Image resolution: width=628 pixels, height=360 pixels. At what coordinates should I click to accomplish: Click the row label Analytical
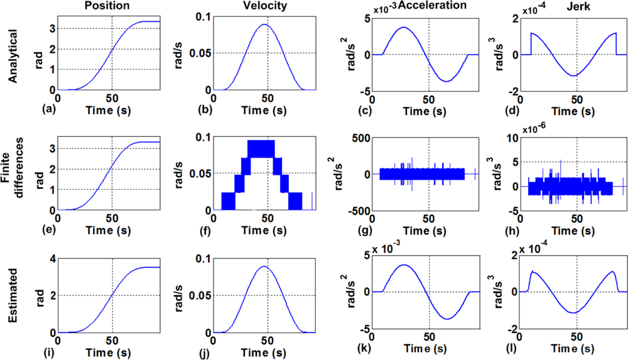[12, 54]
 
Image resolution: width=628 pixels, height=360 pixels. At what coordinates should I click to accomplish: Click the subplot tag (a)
[45, 109]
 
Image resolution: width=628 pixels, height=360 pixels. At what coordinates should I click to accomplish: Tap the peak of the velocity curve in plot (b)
[265, 25]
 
